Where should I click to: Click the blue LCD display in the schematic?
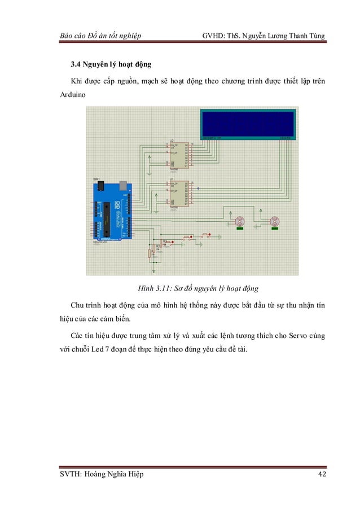pyautogui.click(x=247, y=124)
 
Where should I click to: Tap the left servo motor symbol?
pyautogui.click(x=240, y=222)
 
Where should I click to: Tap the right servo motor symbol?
pyautogui.click(x=275, y=222)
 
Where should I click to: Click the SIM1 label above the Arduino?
pyautogui.click(x=96, y=178)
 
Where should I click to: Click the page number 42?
pyautogui.click(x=322, y=474)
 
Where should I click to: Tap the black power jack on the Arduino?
pyautogui.click(x=100, y=185)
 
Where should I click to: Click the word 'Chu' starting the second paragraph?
pyautogui.click(x=77, y=305)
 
